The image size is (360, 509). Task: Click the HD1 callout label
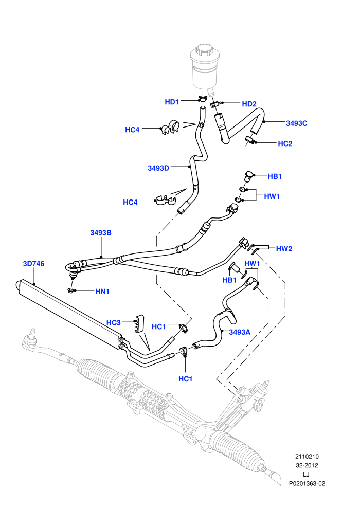coord(172,102)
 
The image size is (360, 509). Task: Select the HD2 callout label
coord(249,104)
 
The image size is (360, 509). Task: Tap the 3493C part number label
coord(296,123)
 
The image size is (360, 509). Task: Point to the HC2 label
coord(285,143)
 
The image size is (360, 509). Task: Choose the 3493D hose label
coord(158,168)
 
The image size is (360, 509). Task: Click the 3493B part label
coord(101,233)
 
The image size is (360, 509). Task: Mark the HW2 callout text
coord(284,249)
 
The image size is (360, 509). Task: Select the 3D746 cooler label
coord(33,264)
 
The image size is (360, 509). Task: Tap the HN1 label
coord(102,292)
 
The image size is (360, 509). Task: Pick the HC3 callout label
coord(114,323)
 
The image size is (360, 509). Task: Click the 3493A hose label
coord(240,332)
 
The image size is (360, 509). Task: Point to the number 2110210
coord(307,457)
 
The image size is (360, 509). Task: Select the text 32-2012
coord(307,465)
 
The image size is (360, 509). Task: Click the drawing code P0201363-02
coord(307,484)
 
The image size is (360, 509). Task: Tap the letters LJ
coord(306,475)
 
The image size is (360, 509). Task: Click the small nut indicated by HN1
coord(70,290)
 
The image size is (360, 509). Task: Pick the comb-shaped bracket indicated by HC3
coord(139,323)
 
